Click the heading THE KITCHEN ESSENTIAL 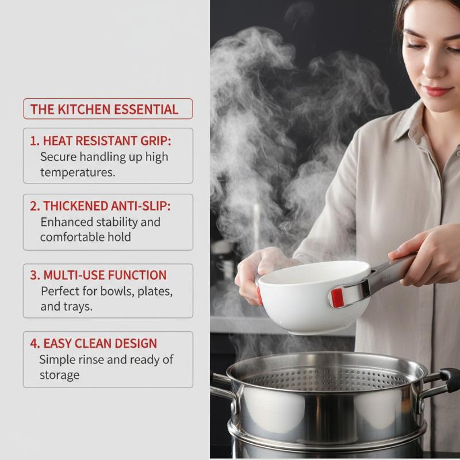coord(104,109)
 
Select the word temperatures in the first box coord(78,172)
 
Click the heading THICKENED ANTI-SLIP coord(99,206)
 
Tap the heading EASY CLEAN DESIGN coord(100,343)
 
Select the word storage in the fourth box coord(60,375)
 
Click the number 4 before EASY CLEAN coord(34,343)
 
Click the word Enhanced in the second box coord(67,222)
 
